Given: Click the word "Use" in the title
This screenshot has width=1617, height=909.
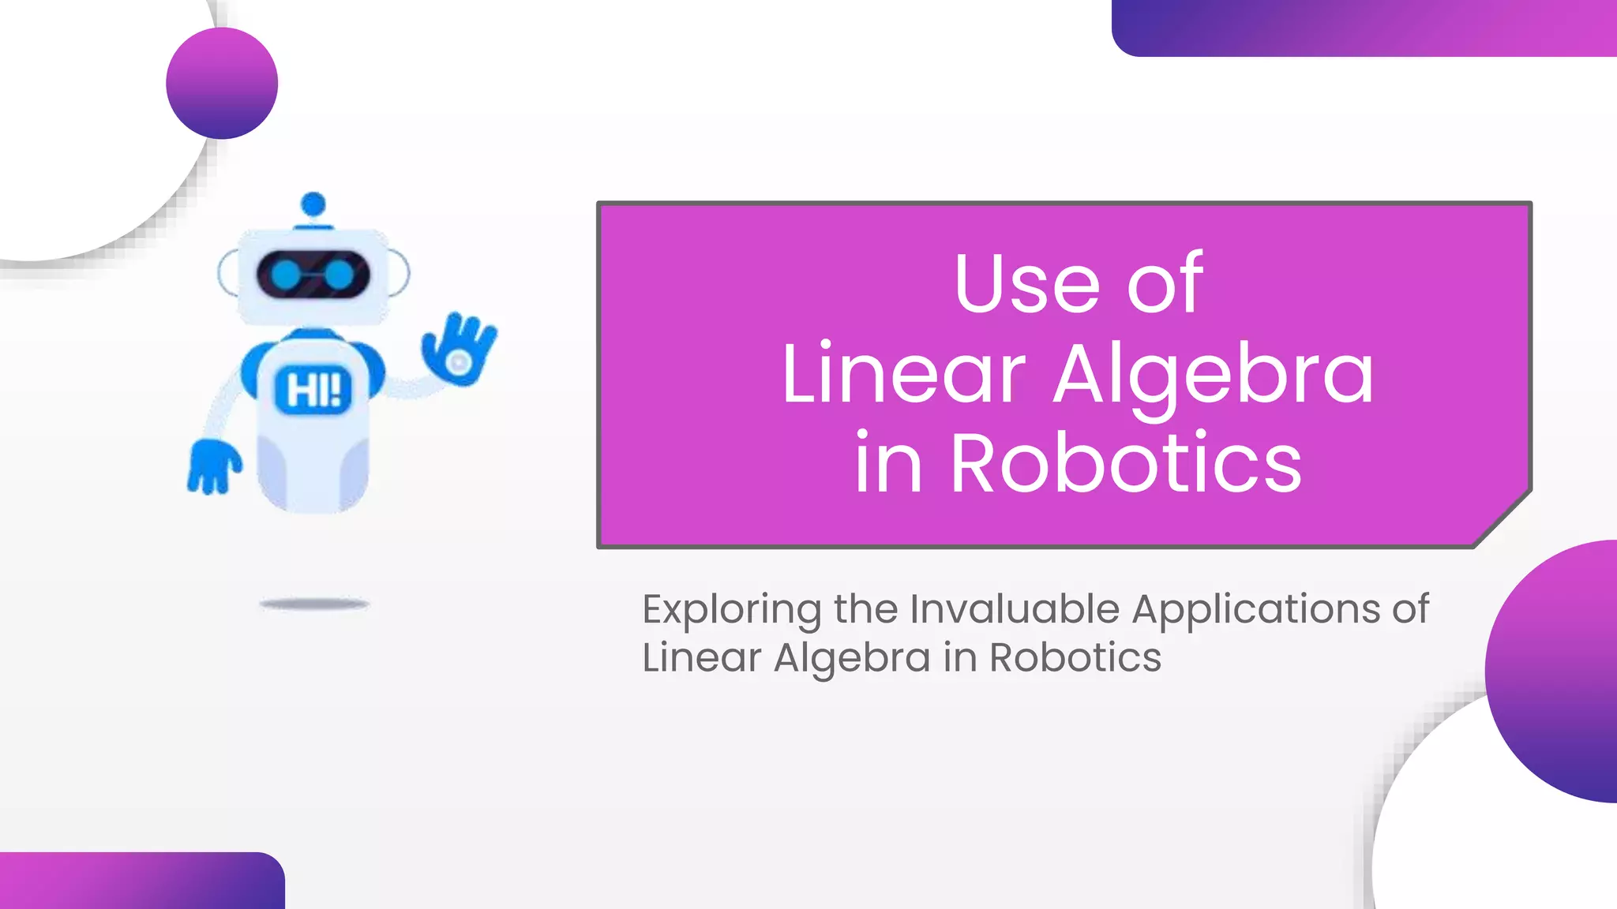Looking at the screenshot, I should click(1026, 283).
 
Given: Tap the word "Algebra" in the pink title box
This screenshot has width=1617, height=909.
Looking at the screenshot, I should click(1214, 375).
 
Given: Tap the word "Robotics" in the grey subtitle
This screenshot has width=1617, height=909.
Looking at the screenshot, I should click(1075, 657).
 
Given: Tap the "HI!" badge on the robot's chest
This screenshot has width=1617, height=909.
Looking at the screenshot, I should click(313, 390).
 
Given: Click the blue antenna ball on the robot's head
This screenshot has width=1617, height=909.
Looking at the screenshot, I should click(313, 204).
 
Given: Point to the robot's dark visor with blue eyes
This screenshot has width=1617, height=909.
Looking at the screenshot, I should click(313, 275).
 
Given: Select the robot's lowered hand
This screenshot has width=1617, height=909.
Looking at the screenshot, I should click(212, 466).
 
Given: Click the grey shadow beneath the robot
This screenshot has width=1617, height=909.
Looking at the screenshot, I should click(314, 604).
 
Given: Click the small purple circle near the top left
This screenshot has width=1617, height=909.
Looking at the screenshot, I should click(222, 84).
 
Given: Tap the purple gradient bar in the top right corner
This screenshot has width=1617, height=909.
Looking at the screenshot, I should click(1364, 28).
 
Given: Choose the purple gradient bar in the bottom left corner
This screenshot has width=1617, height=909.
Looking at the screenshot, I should click(142, 881).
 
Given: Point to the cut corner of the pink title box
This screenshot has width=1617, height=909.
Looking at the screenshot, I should click(1503, 518).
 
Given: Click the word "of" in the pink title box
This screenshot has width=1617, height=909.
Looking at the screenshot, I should click(1165, 283).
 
